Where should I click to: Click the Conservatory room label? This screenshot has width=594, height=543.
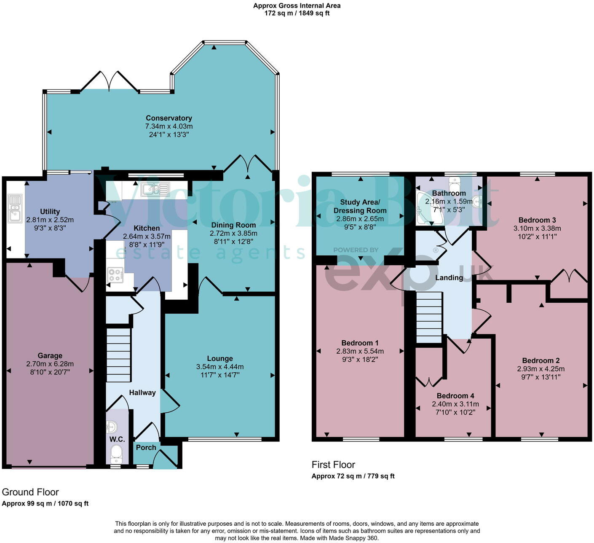[x=169, y=118]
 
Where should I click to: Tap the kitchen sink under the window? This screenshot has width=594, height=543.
[x=155, y=189]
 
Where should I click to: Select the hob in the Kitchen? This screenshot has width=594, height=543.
[x=115, y=275]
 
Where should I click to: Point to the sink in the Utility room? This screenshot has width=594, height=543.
[x=15, y=208]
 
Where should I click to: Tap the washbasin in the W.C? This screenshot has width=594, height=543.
[x=112, y=427]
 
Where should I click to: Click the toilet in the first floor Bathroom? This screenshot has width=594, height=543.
[x=454, y=184]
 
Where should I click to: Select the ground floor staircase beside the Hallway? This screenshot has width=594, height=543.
[x=118, y=355]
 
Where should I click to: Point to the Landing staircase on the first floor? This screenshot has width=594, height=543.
[x=429, y=317]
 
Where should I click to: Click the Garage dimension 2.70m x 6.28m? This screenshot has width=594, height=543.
[x=50, y=364]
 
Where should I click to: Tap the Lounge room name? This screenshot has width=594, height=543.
[x=220, y=358]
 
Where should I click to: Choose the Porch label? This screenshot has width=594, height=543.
[x=146, y=447]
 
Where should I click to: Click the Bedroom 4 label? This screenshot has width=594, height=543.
[x=455, y=396]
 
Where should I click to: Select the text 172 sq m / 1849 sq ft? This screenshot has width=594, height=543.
[x=297, y=13]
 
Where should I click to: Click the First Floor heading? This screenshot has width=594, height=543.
[x=333, y=465]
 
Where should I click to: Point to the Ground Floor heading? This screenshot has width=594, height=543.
[x=30, y=492]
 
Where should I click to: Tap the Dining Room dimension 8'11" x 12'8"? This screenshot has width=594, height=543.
[x=233, y=241]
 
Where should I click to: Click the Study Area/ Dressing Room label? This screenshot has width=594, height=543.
[x=360, y=206]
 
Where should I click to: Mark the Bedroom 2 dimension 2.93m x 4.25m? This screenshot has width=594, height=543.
[x=540, y=369]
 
